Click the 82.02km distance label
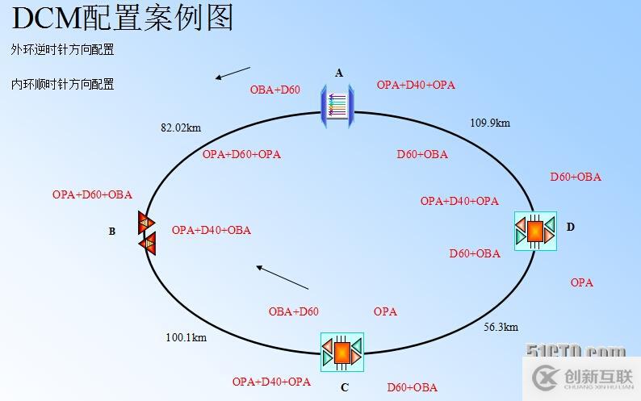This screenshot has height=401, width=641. point(181,127)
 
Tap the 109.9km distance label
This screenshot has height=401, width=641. point(490,123)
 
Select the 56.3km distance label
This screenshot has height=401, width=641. point(501,327)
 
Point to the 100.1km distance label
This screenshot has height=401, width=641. point(186,337)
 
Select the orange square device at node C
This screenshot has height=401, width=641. point(342,353)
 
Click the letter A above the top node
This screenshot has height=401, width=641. point(339,73)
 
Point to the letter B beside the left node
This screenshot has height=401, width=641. point(112,231)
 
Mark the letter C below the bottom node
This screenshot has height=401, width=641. point(345,387)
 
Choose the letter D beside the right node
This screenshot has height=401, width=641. point(570,227)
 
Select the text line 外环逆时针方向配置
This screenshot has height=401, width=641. point(62,49)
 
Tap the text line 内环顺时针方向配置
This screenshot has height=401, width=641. point(62,84)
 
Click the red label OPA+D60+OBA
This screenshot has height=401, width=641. point(92,194)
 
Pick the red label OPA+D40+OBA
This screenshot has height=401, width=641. point(212,230)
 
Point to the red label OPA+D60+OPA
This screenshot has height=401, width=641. point(241,154)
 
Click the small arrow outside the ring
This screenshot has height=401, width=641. point(233,73)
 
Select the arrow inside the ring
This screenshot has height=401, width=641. point(282,277)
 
